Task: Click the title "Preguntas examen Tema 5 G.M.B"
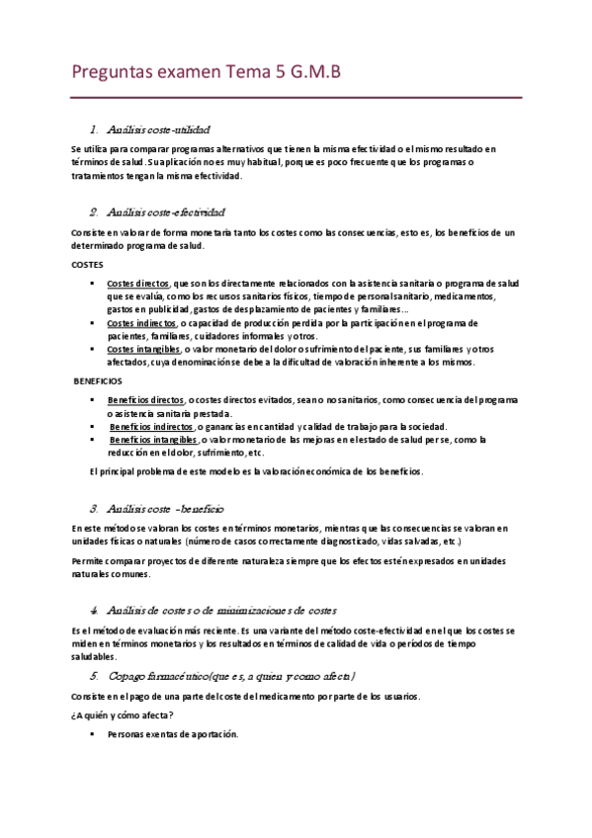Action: (x=207, y=72)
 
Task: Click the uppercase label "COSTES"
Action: (x=87, y=265)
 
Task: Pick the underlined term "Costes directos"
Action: (x=138, y=282)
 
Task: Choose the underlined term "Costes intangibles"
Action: (x=143, y=349)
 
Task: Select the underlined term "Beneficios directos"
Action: (x=146, y=399)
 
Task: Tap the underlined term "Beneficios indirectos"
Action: (x=151, y=426)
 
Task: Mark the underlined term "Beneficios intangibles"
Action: (x=153, y=439)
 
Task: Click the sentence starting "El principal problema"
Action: (x=256, y=471)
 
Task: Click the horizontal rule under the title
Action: (x=296, y=97)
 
